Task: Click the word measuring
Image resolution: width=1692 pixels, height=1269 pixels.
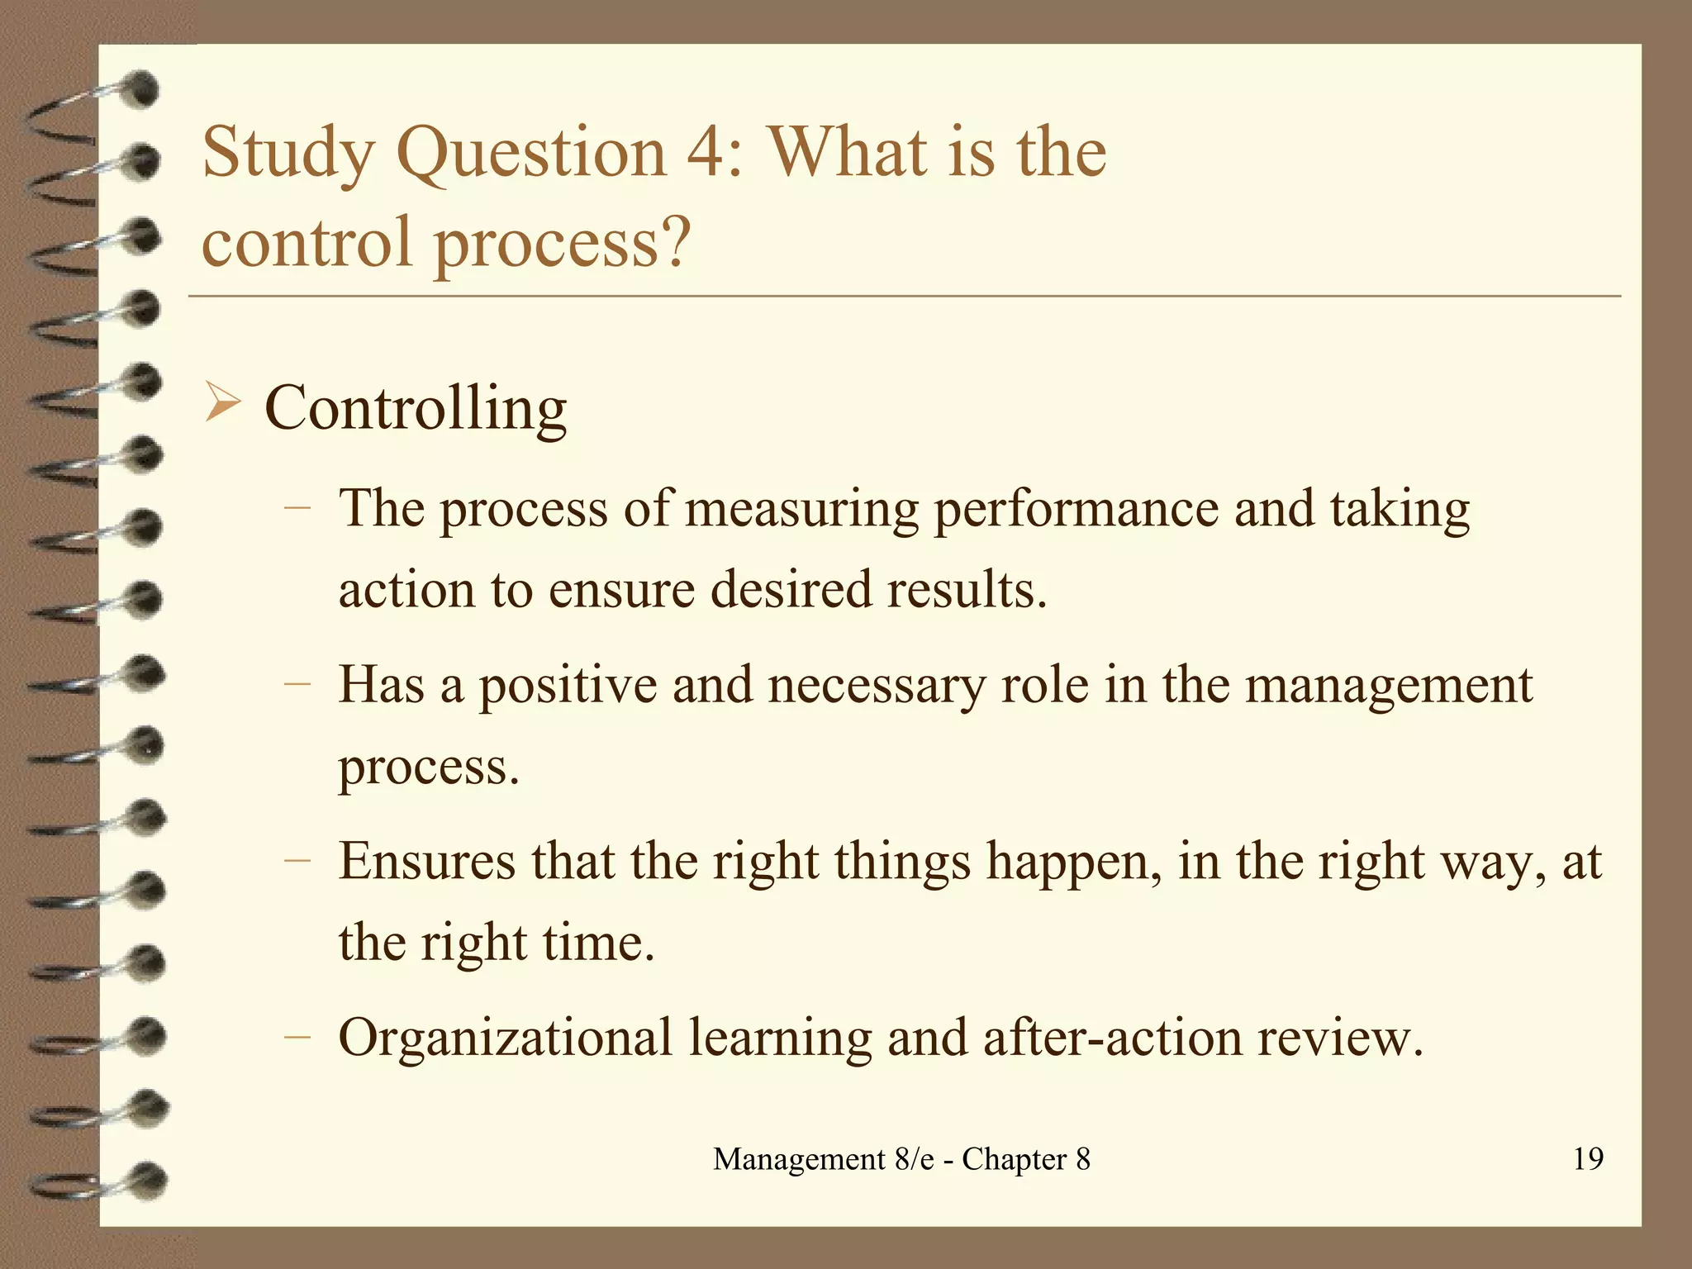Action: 801,510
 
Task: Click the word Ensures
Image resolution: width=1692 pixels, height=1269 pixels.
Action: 426,861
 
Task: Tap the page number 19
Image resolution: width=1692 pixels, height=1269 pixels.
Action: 1588,1158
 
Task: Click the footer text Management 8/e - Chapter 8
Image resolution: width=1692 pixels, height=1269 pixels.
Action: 901,1159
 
